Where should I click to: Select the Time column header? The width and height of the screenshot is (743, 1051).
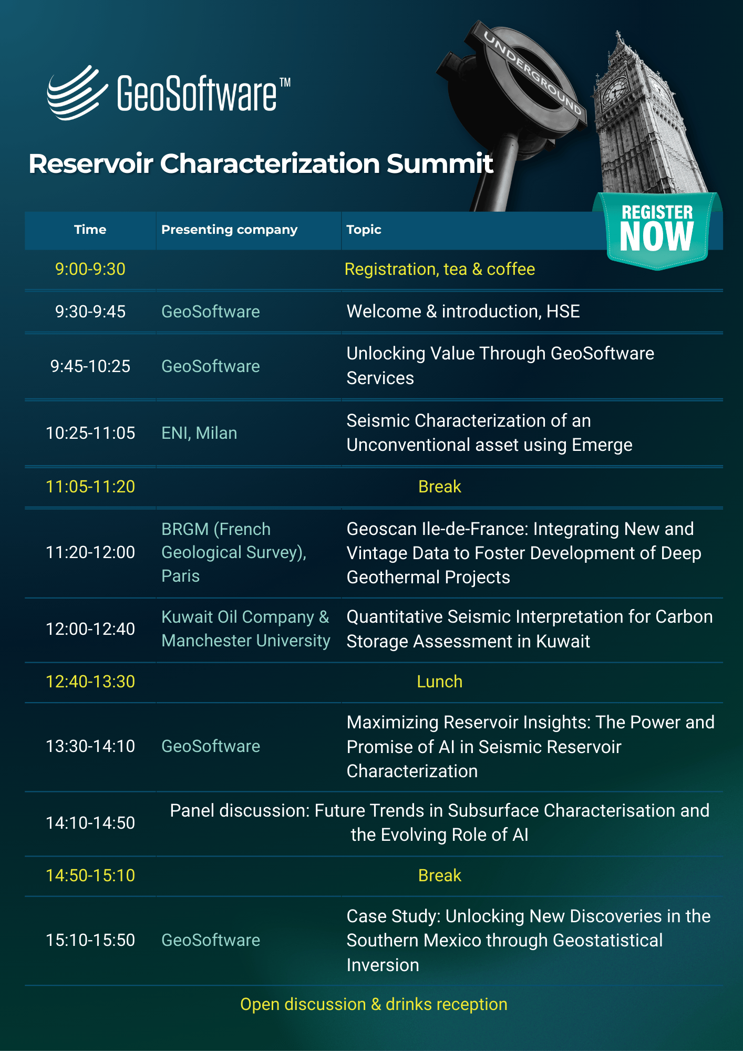(90, 230)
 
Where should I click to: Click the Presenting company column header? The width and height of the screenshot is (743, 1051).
(229, 230)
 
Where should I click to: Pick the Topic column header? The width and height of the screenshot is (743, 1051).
(364, 230)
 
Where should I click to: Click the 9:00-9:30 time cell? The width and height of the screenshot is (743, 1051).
(90, 269)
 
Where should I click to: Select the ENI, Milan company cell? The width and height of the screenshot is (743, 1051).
(199, 433)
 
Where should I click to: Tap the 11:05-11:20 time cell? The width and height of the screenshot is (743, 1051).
(90, 487)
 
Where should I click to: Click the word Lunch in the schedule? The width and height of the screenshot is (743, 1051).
(439, 682)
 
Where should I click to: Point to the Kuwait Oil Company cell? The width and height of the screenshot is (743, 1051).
(245, 628)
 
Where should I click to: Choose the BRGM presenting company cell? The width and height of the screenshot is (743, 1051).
(234, 552)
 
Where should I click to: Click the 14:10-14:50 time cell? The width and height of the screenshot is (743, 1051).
(90, 823)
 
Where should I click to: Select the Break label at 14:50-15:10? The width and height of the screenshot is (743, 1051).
(439, 875)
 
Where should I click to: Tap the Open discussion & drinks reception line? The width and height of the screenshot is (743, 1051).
(374, 1004)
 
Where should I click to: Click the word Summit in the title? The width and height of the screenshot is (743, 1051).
(440, 163)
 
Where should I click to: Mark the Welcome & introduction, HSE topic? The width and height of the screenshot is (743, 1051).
(463, 312)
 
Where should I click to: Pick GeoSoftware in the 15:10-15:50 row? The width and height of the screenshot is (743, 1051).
(211, 940)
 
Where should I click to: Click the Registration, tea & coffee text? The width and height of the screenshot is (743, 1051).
(439, 269)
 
